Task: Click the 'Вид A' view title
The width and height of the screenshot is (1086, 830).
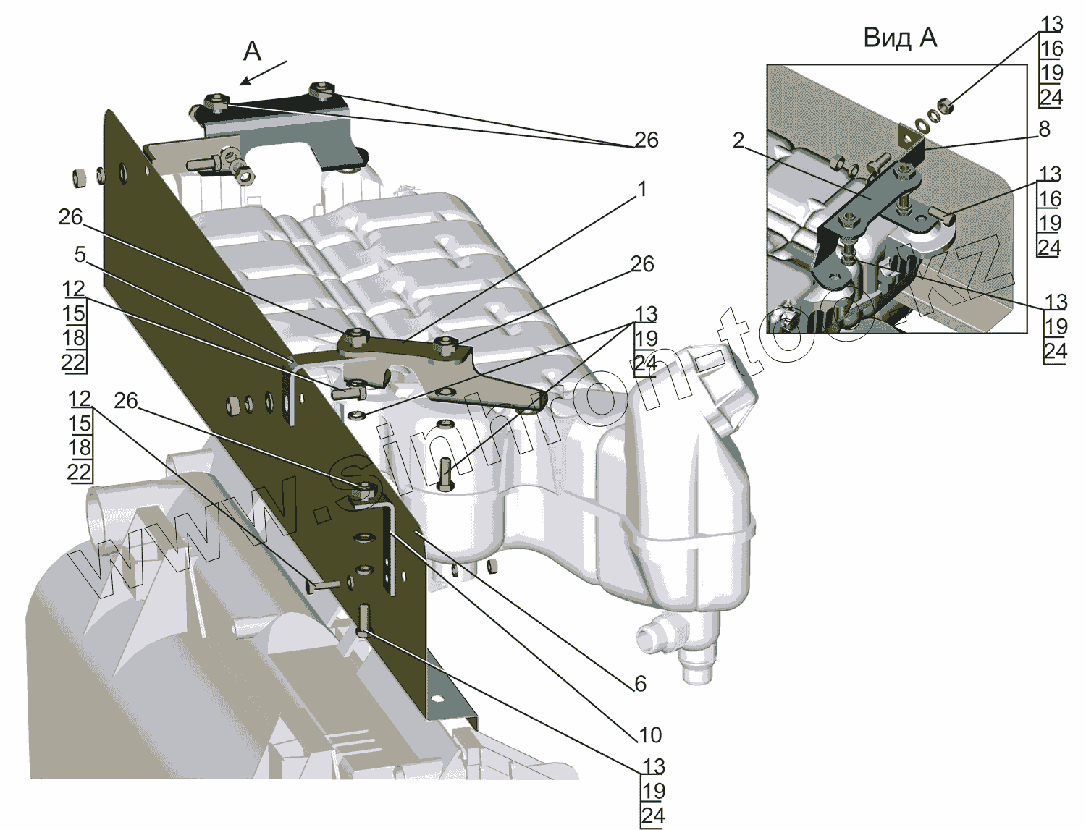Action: click(900, 38)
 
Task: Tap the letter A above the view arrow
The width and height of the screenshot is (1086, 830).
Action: click(252, 51)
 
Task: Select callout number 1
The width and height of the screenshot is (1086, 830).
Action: click(641, 190)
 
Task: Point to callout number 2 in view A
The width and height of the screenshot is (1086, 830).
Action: click(738, 140)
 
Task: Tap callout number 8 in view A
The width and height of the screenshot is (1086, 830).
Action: click(1043, 129)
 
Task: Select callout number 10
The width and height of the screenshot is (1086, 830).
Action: click(650, 735)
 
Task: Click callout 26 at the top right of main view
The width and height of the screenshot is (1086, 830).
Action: click(646, 140)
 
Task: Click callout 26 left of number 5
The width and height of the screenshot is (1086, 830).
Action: click(70, 217)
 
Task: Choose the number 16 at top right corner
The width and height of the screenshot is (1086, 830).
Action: click(1051, 48)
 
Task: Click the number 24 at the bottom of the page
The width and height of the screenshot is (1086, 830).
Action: click(652, 816)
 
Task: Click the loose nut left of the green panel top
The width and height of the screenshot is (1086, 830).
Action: click(80, 176)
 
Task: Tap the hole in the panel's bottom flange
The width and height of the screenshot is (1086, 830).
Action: click(436, 698)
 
